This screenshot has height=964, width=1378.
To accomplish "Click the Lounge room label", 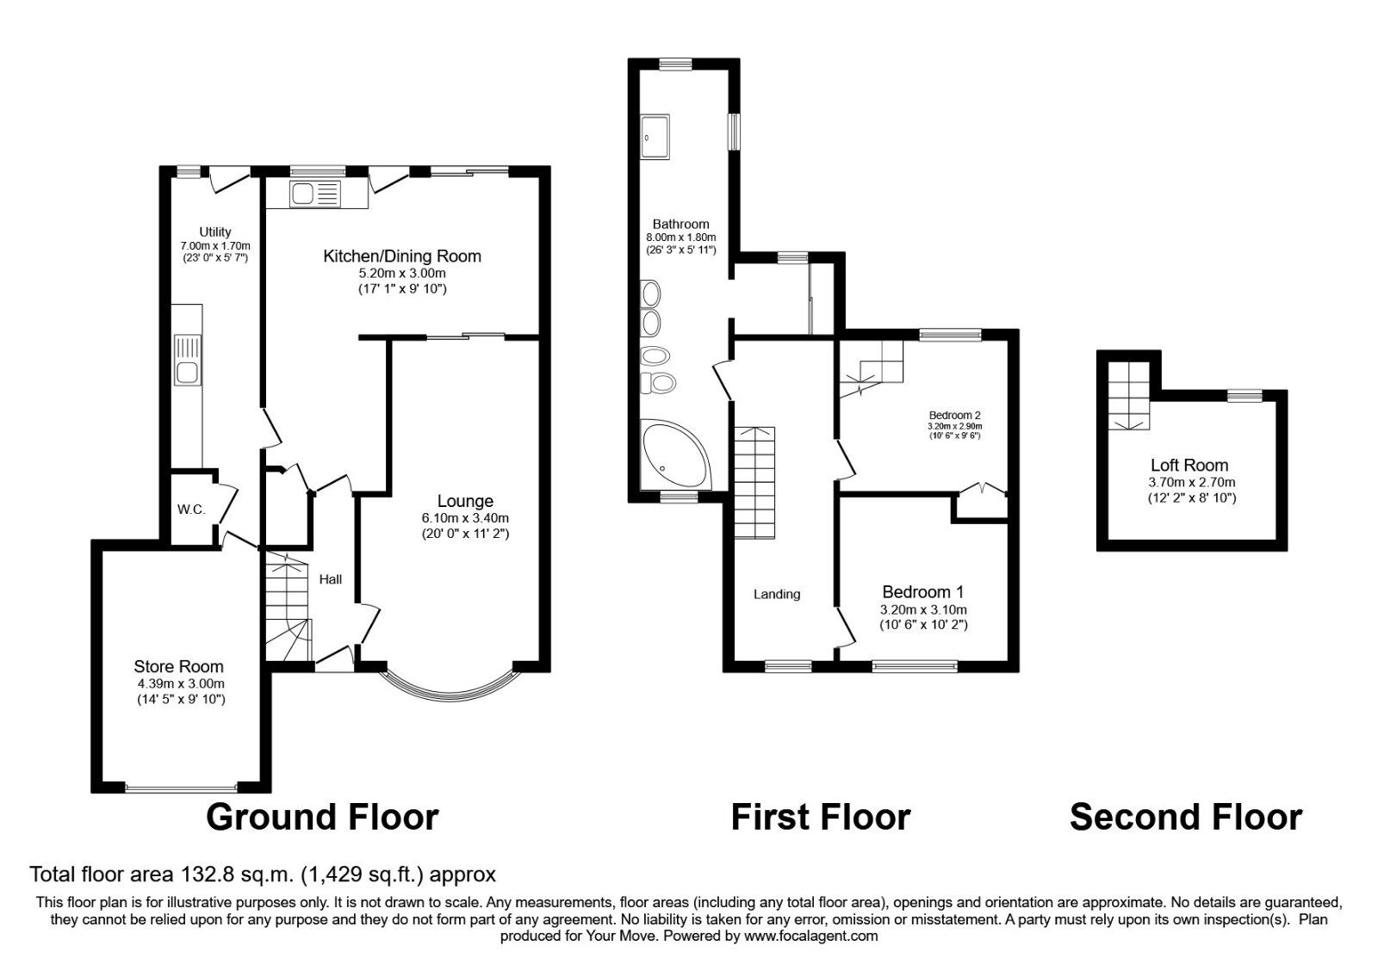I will (465, 501).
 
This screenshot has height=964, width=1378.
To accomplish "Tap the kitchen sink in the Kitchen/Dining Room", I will (316, 194).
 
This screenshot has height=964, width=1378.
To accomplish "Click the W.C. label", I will (191, 510).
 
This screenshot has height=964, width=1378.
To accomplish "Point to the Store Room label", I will (178, 666).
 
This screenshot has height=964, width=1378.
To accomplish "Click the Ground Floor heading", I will (322, 817).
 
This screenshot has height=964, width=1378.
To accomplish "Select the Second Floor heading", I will (1185, 817).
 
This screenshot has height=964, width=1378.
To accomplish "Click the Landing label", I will (777, 594).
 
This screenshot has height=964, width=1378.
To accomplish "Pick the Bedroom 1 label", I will (922, 592).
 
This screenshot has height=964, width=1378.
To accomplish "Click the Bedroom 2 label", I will (954, 415).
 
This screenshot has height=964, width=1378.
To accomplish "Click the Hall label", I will (331, 579).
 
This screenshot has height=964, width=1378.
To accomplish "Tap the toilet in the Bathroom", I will (661, 383).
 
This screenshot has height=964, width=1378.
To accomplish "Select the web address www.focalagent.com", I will (810, 936).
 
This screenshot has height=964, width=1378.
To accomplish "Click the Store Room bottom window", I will (181, 787).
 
